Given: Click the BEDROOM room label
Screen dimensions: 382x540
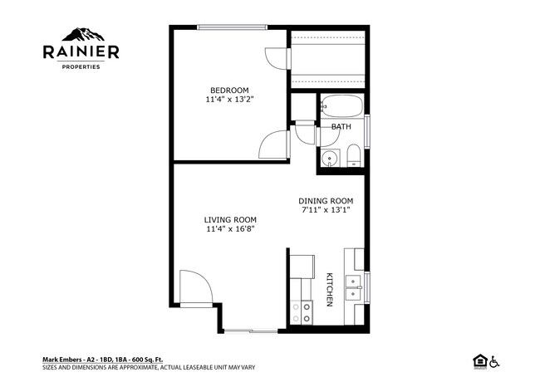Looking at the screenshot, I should (228, 90).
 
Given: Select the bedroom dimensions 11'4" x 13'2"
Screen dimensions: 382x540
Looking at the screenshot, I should (228, 100).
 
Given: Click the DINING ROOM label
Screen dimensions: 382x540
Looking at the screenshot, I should (326, 200).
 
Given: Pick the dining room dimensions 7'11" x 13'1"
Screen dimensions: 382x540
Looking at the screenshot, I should (326, 210).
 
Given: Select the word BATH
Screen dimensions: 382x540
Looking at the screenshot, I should (341, 127).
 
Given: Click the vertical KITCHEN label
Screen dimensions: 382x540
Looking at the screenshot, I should (330, 289).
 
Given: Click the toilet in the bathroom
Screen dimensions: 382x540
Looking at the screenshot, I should (353, 156).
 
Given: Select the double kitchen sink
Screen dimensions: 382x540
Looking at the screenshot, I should (355, 286).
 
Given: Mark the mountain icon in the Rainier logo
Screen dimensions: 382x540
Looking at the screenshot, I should (81, 35).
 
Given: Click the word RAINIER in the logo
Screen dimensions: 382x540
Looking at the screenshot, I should (81, 52).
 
